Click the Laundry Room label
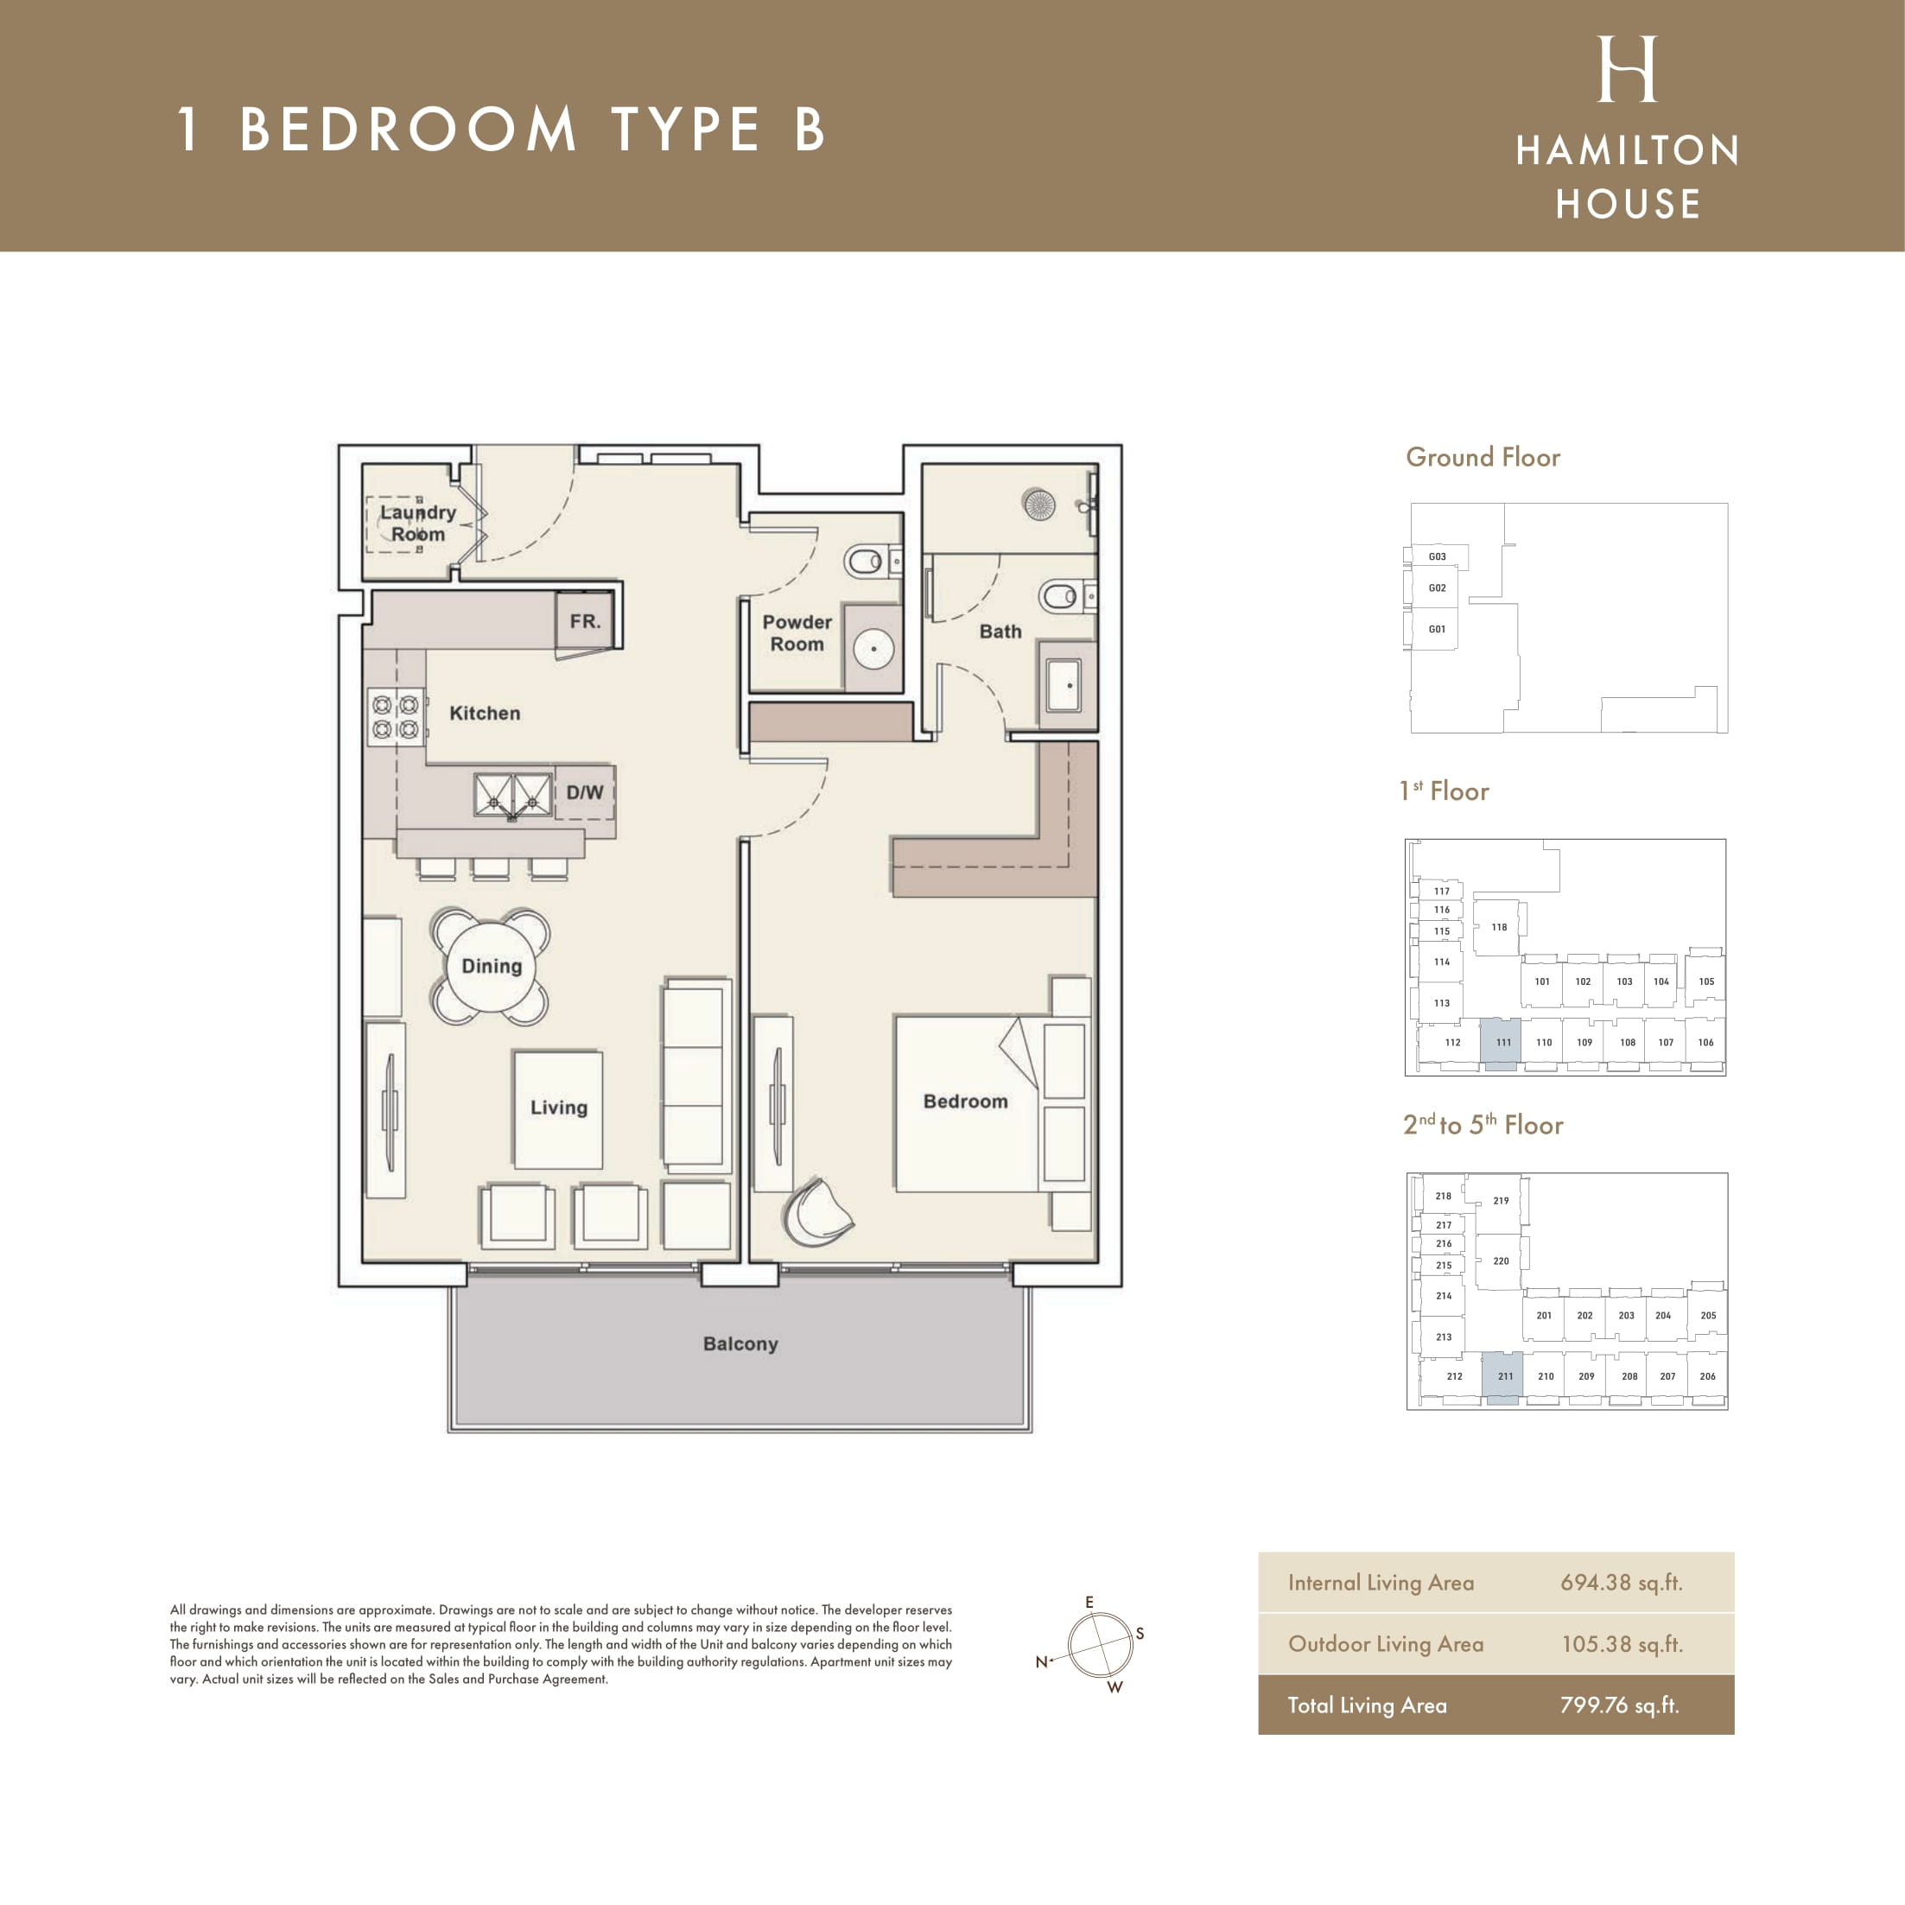418,523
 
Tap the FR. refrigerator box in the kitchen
585,620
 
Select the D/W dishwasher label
585,791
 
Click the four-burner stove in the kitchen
397,717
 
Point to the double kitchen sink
512,796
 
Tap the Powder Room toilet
867,562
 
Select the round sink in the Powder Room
873,649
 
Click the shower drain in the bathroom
1039,505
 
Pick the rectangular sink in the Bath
1065,684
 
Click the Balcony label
740,1344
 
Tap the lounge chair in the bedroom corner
816,1212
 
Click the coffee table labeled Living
558,1109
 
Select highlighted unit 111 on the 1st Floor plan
1501,1045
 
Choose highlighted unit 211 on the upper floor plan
1502,1377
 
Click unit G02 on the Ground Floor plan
1437,587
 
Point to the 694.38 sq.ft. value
1621,1583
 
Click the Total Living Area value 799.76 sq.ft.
1619,1705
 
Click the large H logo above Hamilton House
1627,69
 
